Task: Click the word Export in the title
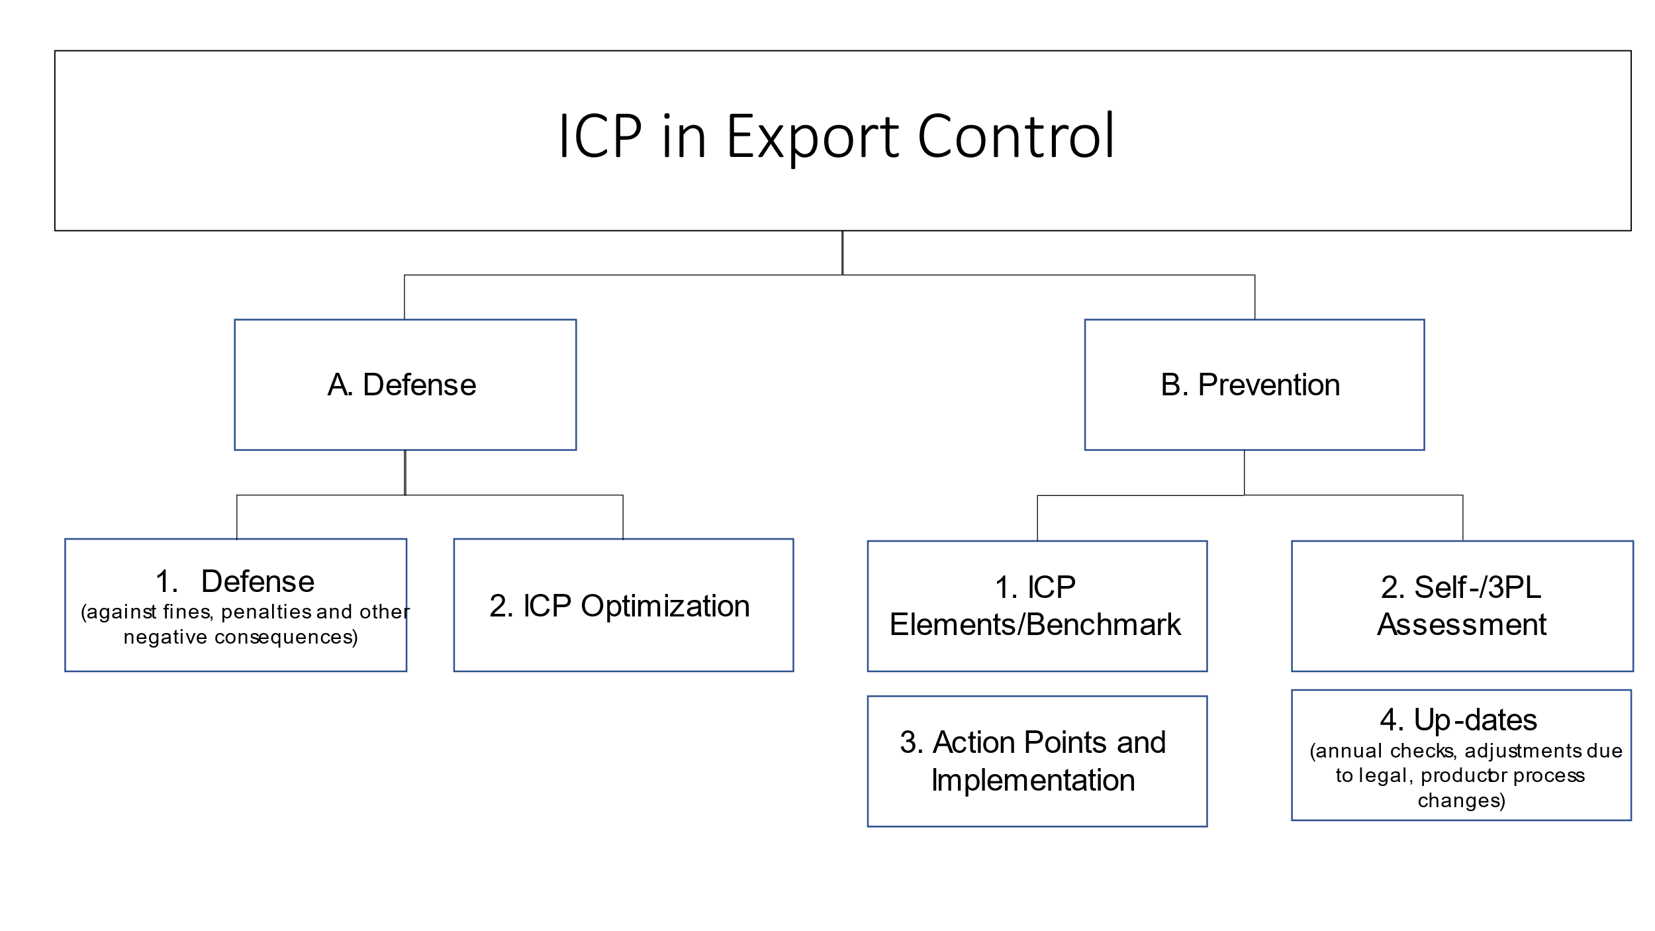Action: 812,137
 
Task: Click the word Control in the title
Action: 1016,137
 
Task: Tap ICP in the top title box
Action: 600,137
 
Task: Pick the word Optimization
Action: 665,606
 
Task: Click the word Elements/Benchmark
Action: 1035,624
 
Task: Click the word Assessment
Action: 1462,624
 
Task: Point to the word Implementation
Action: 1033,781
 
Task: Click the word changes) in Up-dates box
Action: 1461,801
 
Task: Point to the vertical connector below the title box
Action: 842,252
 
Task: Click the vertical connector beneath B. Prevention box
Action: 1244,472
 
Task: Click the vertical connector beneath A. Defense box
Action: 405,472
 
